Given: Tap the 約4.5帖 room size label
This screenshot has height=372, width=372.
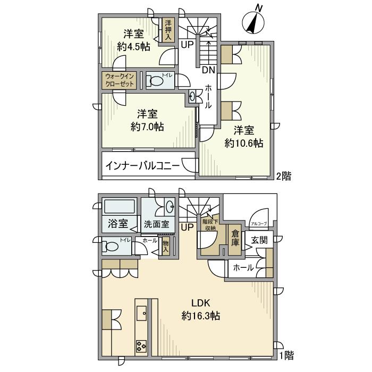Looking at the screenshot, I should click(134, 46).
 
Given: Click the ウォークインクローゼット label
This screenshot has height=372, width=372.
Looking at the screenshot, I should click(121, 80).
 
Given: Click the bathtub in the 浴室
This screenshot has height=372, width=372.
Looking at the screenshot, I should click(120, 208).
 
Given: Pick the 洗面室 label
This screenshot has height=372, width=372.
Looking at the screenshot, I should click(156, 224).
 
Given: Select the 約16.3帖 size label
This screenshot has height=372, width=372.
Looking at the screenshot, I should click(201, 316).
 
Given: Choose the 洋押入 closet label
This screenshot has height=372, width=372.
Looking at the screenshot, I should click(168, 30).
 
